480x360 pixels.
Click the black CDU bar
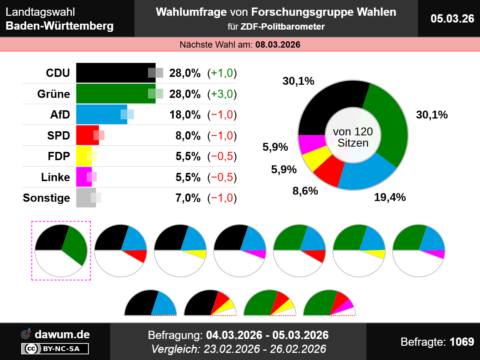pos(112,73)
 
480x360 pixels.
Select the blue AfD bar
pos(99,114)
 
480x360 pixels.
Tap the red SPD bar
pos(86,135)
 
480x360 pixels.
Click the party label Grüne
pos(54,94)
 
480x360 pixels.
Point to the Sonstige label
pos(46,198)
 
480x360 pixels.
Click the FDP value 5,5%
pos(188,156)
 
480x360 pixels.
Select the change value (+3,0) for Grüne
pos(222,94)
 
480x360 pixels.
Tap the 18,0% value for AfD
pos(185,114)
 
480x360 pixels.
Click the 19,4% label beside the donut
pos(390,197)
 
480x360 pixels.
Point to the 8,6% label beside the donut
pos(305,191)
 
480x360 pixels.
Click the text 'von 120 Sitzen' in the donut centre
pos(353,137)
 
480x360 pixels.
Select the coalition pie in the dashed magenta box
pos(61,250)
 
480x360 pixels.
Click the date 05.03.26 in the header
pos(452,18)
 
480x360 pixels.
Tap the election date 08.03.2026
pos(278,45)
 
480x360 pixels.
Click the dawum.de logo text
pos(62,334)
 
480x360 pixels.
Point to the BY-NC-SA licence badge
pos(55,349)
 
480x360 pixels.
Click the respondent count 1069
pos(462,342)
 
